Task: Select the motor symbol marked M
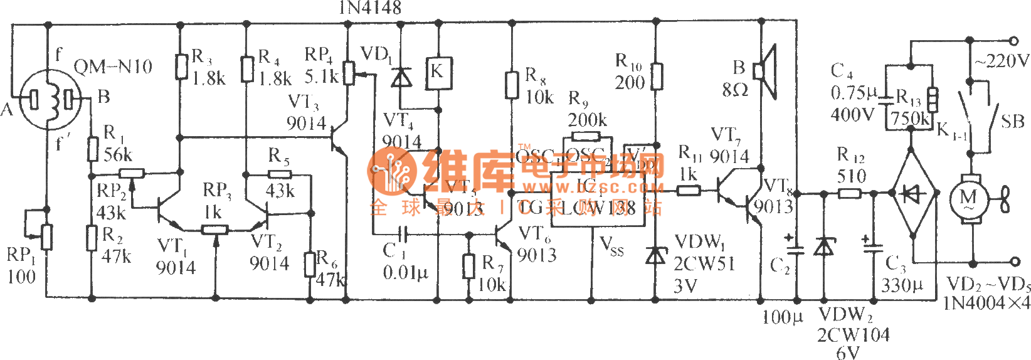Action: click(x=968, y=199)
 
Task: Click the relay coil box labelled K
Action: click(x=437, y=72)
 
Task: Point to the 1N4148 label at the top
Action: click(x=369, y=8)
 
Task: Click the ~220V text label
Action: click(x=1002, y=61)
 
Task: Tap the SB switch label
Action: click(x=1012, y=121)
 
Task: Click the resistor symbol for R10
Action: click(x=656, y=77)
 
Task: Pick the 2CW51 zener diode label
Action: click(x=704, y=264)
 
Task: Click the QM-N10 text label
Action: click(x=113, y=66)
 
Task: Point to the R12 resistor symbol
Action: click(x=849, y=193)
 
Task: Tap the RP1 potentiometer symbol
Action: click(x=46, y=237)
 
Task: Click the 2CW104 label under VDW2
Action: click(x=853, y=335)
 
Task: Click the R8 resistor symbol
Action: click(x=512, y=85)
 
